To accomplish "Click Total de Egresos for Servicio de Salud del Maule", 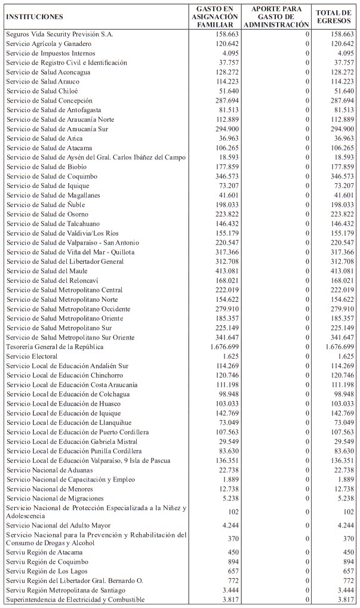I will point(342,270).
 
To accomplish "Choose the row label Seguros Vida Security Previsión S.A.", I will point(59,35).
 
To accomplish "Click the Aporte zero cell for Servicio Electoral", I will point(307,356).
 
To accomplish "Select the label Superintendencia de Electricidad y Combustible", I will point(75,600).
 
